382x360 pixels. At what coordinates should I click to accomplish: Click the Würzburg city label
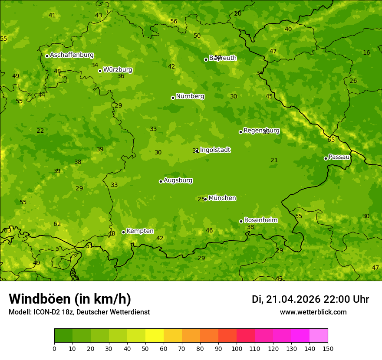point(118,70)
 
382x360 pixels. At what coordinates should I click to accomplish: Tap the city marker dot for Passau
point(326,158)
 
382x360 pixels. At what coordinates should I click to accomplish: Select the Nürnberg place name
point(190,96)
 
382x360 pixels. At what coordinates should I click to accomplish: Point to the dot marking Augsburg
point(161,181)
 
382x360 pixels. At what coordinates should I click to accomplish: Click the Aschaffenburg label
point(72,55)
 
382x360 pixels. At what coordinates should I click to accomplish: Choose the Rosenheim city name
point(260,220)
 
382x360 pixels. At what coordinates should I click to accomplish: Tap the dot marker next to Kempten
point(123,232)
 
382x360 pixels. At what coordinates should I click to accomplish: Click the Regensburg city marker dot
point(240,132)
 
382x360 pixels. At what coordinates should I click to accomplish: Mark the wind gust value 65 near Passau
point(331,140)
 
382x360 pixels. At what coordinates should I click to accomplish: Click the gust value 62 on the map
point(57,224)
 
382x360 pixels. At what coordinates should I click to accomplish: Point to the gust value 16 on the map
point(366,52)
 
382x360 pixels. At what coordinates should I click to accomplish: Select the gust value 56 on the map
point(174,21)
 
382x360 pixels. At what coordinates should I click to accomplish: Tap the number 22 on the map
point(40,131)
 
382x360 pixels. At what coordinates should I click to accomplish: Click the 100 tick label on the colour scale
point(237,348)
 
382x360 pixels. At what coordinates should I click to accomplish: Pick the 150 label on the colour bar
point(328,348)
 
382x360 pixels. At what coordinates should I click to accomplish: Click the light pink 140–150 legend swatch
point(319,336)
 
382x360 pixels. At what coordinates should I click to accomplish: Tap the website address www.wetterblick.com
point(313,312)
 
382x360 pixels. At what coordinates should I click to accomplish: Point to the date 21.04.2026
point(293,299)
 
